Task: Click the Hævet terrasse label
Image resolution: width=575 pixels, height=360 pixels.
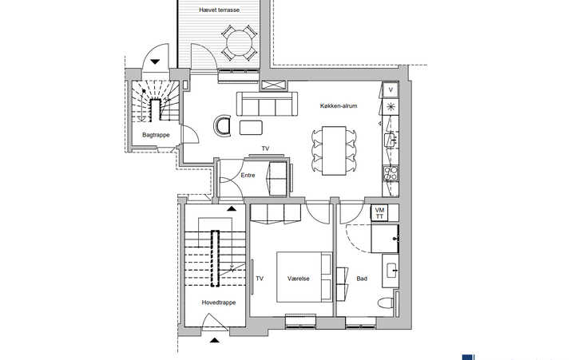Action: [x=219, y=10]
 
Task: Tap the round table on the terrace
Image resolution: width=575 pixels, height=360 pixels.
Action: [x=239, y=42]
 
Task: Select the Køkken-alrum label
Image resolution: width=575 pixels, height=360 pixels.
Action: [x=339, y=106]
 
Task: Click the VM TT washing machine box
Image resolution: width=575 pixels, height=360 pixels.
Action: [x=379, y=213]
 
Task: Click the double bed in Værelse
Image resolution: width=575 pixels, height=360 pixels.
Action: [x=304, y=277]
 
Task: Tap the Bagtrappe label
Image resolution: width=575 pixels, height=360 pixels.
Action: [x=156, y=135]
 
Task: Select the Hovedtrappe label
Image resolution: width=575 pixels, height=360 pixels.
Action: [x=219, y=303]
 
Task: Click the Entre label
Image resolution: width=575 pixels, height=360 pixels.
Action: [x=248, y=176]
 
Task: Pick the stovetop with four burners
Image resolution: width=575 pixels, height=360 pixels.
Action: [x=390, y=173]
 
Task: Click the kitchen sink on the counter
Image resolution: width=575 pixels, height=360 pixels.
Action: [x=390, y=140]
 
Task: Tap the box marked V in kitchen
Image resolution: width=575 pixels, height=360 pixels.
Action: [x=391, y=90]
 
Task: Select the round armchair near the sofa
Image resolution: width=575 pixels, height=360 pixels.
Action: [x=223, y=126]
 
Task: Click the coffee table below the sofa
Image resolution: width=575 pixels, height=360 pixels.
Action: [x=252, y=128]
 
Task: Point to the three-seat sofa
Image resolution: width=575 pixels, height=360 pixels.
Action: [x=267, y=104]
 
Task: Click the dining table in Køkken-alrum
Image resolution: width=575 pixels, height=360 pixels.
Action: [x=334, y=151]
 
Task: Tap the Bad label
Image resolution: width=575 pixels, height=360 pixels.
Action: [x=362, y=279]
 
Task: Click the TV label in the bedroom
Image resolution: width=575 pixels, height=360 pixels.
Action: [x=260, y=279]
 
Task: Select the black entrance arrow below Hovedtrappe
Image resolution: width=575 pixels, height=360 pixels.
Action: [x=215, y=340]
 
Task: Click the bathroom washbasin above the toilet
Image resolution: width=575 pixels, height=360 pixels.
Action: [x=391, y=271]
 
